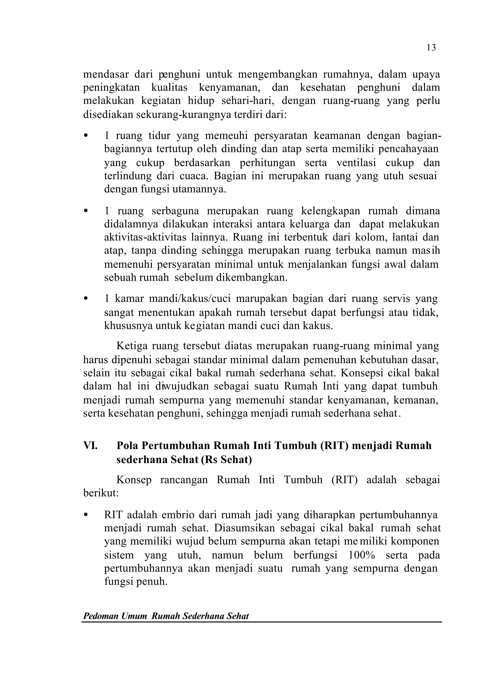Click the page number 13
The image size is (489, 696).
[431, 48]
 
